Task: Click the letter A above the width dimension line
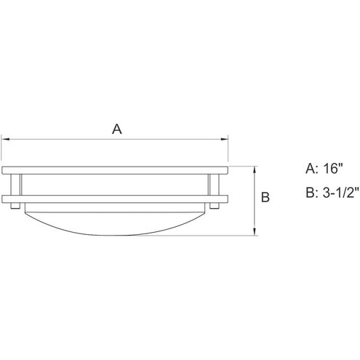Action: [x=117, y=129]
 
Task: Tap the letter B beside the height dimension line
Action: [x=265, y=197]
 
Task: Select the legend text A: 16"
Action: [x=324, y=168]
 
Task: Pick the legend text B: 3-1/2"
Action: [x=332, y=193]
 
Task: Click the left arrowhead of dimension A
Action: [x=5, y=139]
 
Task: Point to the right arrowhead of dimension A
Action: [x=224, y=139]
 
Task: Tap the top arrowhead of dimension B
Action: [x=255, y=170]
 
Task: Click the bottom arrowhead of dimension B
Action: [x=255, y=231]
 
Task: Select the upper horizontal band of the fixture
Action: [x=115, y=170]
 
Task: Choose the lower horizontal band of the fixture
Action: [x=115, y=199]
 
